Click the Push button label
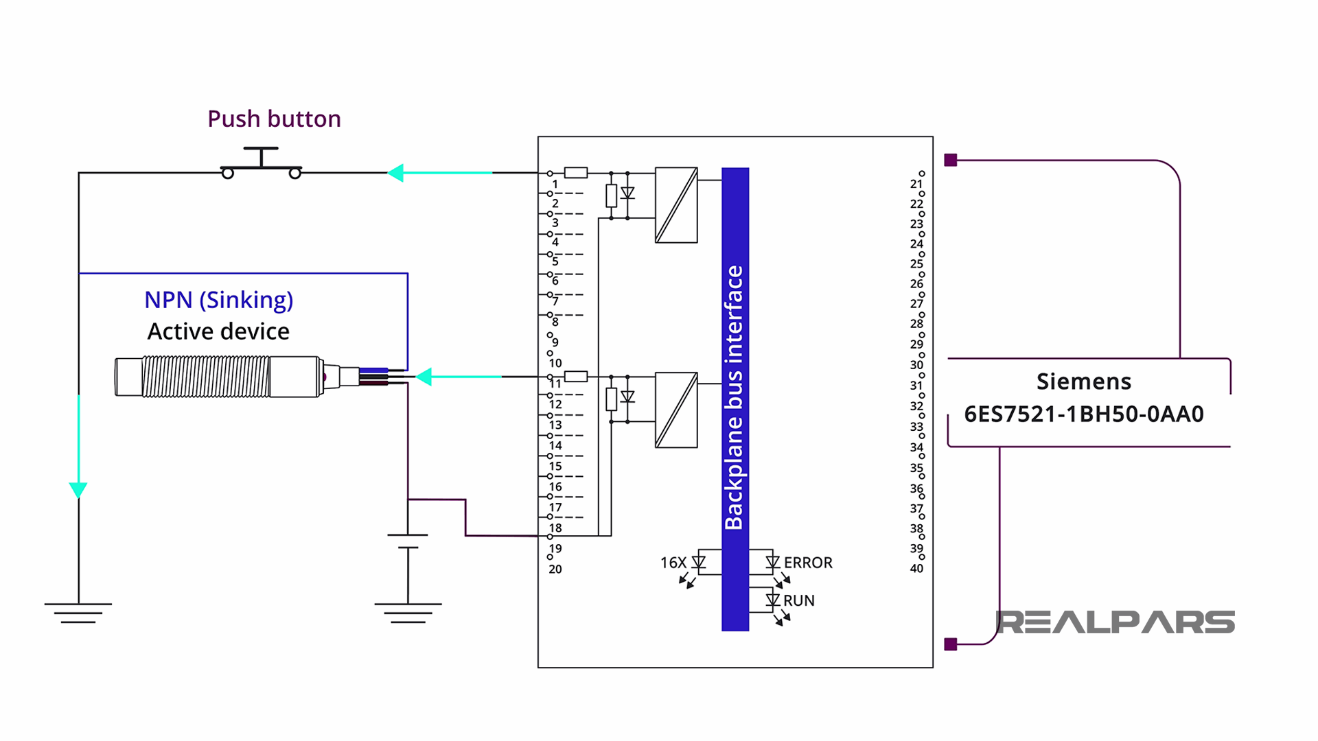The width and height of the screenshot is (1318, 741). [274, 119]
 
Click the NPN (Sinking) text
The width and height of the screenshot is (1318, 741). [218, 300]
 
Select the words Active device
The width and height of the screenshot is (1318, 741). [218, 331]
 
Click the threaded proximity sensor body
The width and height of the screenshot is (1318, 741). [206, 376]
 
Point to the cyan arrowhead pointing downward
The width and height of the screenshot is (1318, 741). [78, 489]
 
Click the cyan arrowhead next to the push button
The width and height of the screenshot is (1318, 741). [396, 173]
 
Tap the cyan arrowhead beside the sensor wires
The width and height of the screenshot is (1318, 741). [425, 377]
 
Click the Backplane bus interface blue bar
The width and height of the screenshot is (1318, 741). [735, 398]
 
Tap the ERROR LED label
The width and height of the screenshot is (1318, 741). [808, 563]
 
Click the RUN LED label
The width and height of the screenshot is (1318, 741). [799, 600]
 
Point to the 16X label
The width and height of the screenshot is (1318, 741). [673, 563]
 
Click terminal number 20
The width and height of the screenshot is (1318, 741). [555, 569]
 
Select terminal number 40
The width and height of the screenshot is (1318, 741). [916, 568]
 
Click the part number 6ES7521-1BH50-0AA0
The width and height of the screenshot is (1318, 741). [1084, 414]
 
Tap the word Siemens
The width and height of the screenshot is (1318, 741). [1084, 381]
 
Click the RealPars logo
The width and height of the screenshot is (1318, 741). [1115, 622]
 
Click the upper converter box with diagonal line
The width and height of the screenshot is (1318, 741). [676, 205]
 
